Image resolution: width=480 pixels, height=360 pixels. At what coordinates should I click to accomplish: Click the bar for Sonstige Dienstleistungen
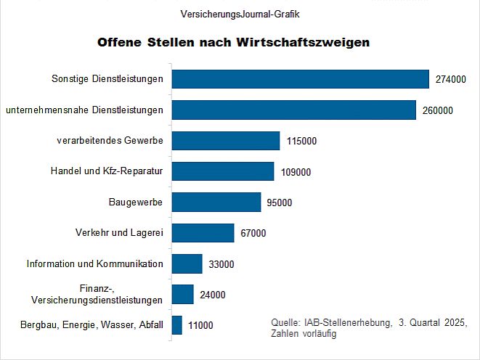pos(301,79)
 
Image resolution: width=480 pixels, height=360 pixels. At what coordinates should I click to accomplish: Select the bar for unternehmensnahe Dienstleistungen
pos(294,110)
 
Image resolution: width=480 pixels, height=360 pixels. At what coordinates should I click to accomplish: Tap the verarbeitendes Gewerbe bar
pos(226,141)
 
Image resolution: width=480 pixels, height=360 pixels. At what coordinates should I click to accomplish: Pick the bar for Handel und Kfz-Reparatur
pos(223,171)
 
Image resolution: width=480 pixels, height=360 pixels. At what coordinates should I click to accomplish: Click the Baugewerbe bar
pos(216,202)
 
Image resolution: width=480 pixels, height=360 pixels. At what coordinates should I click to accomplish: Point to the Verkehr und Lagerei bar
pos(203,233)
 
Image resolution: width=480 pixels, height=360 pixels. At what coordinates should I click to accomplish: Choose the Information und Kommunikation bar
pos(187,263)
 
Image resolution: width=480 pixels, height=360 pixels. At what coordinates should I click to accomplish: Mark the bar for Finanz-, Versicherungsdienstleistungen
pos(183,294)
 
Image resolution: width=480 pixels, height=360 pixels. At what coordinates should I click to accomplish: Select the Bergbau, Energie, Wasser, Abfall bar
pos(177,325)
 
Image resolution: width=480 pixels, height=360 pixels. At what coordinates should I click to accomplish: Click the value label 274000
pos(450,80)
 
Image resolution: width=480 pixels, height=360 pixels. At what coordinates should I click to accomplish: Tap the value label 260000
pos(437,110)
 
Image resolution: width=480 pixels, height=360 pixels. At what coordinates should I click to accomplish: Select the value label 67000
pos(253,234)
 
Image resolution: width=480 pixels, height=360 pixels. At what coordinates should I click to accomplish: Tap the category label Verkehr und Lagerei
pos(119,233)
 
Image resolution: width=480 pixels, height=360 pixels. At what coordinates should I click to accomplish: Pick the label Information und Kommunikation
pos(94,263)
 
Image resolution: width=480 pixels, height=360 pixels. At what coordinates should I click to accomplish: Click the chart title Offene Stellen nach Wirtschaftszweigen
pos(234,42)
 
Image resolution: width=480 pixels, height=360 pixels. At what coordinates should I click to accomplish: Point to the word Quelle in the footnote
pos(282,322)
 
